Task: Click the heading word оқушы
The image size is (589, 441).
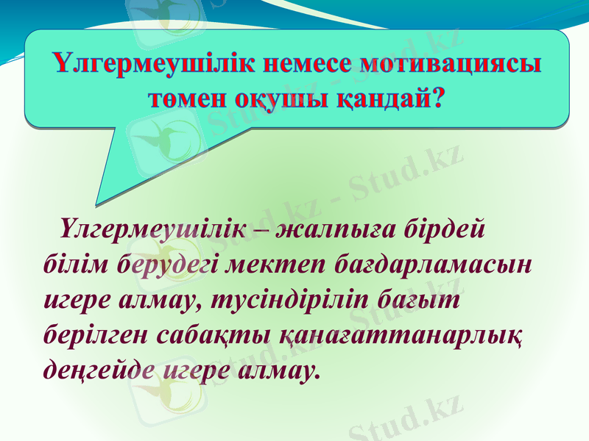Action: point(284,97)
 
